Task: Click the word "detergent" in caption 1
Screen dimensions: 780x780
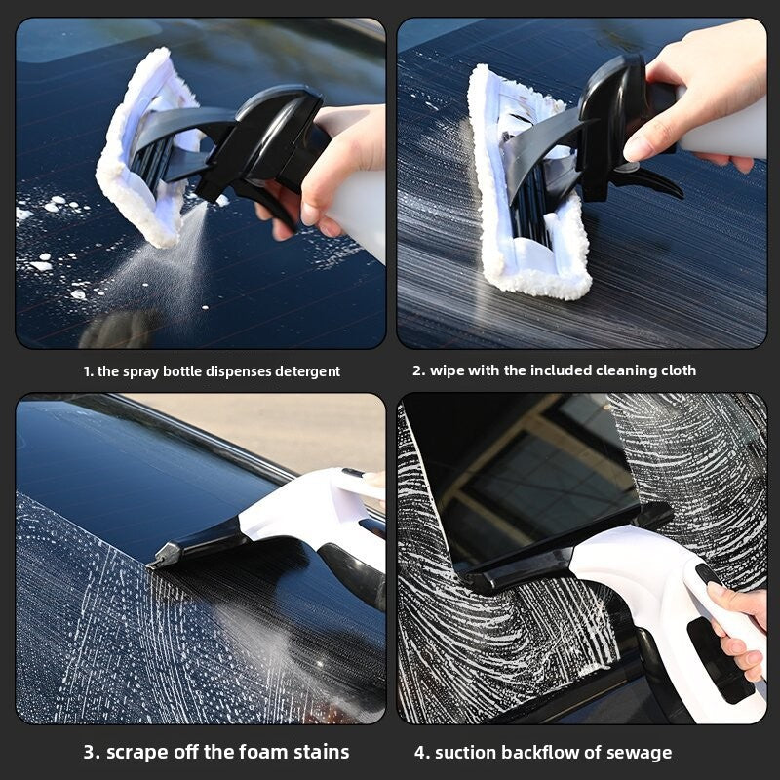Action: [x=307, y=371]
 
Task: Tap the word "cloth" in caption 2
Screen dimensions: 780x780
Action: [x=679, y=370]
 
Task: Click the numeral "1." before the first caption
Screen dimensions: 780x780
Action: [x=88, y=371]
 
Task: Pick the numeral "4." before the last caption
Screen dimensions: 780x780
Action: [x=422, y=753]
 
